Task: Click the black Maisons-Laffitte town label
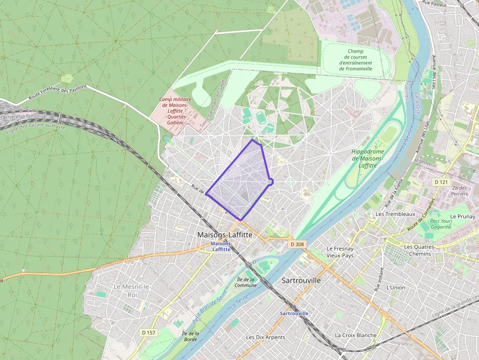225,235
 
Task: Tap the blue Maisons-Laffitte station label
221,246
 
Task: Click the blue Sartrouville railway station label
294,313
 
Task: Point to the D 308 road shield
297,244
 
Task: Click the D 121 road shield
441,182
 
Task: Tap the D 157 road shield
149,333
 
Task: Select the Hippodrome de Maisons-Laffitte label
368,159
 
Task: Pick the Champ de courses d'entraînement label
356,60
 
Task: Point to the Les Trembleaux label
395,214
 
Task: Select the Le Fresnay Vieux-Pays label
340,252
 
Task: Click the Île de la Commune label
245,282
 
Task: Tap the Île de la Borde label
190,336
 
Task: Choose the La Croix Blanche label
355,335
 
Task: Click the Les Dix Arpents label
265,337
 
